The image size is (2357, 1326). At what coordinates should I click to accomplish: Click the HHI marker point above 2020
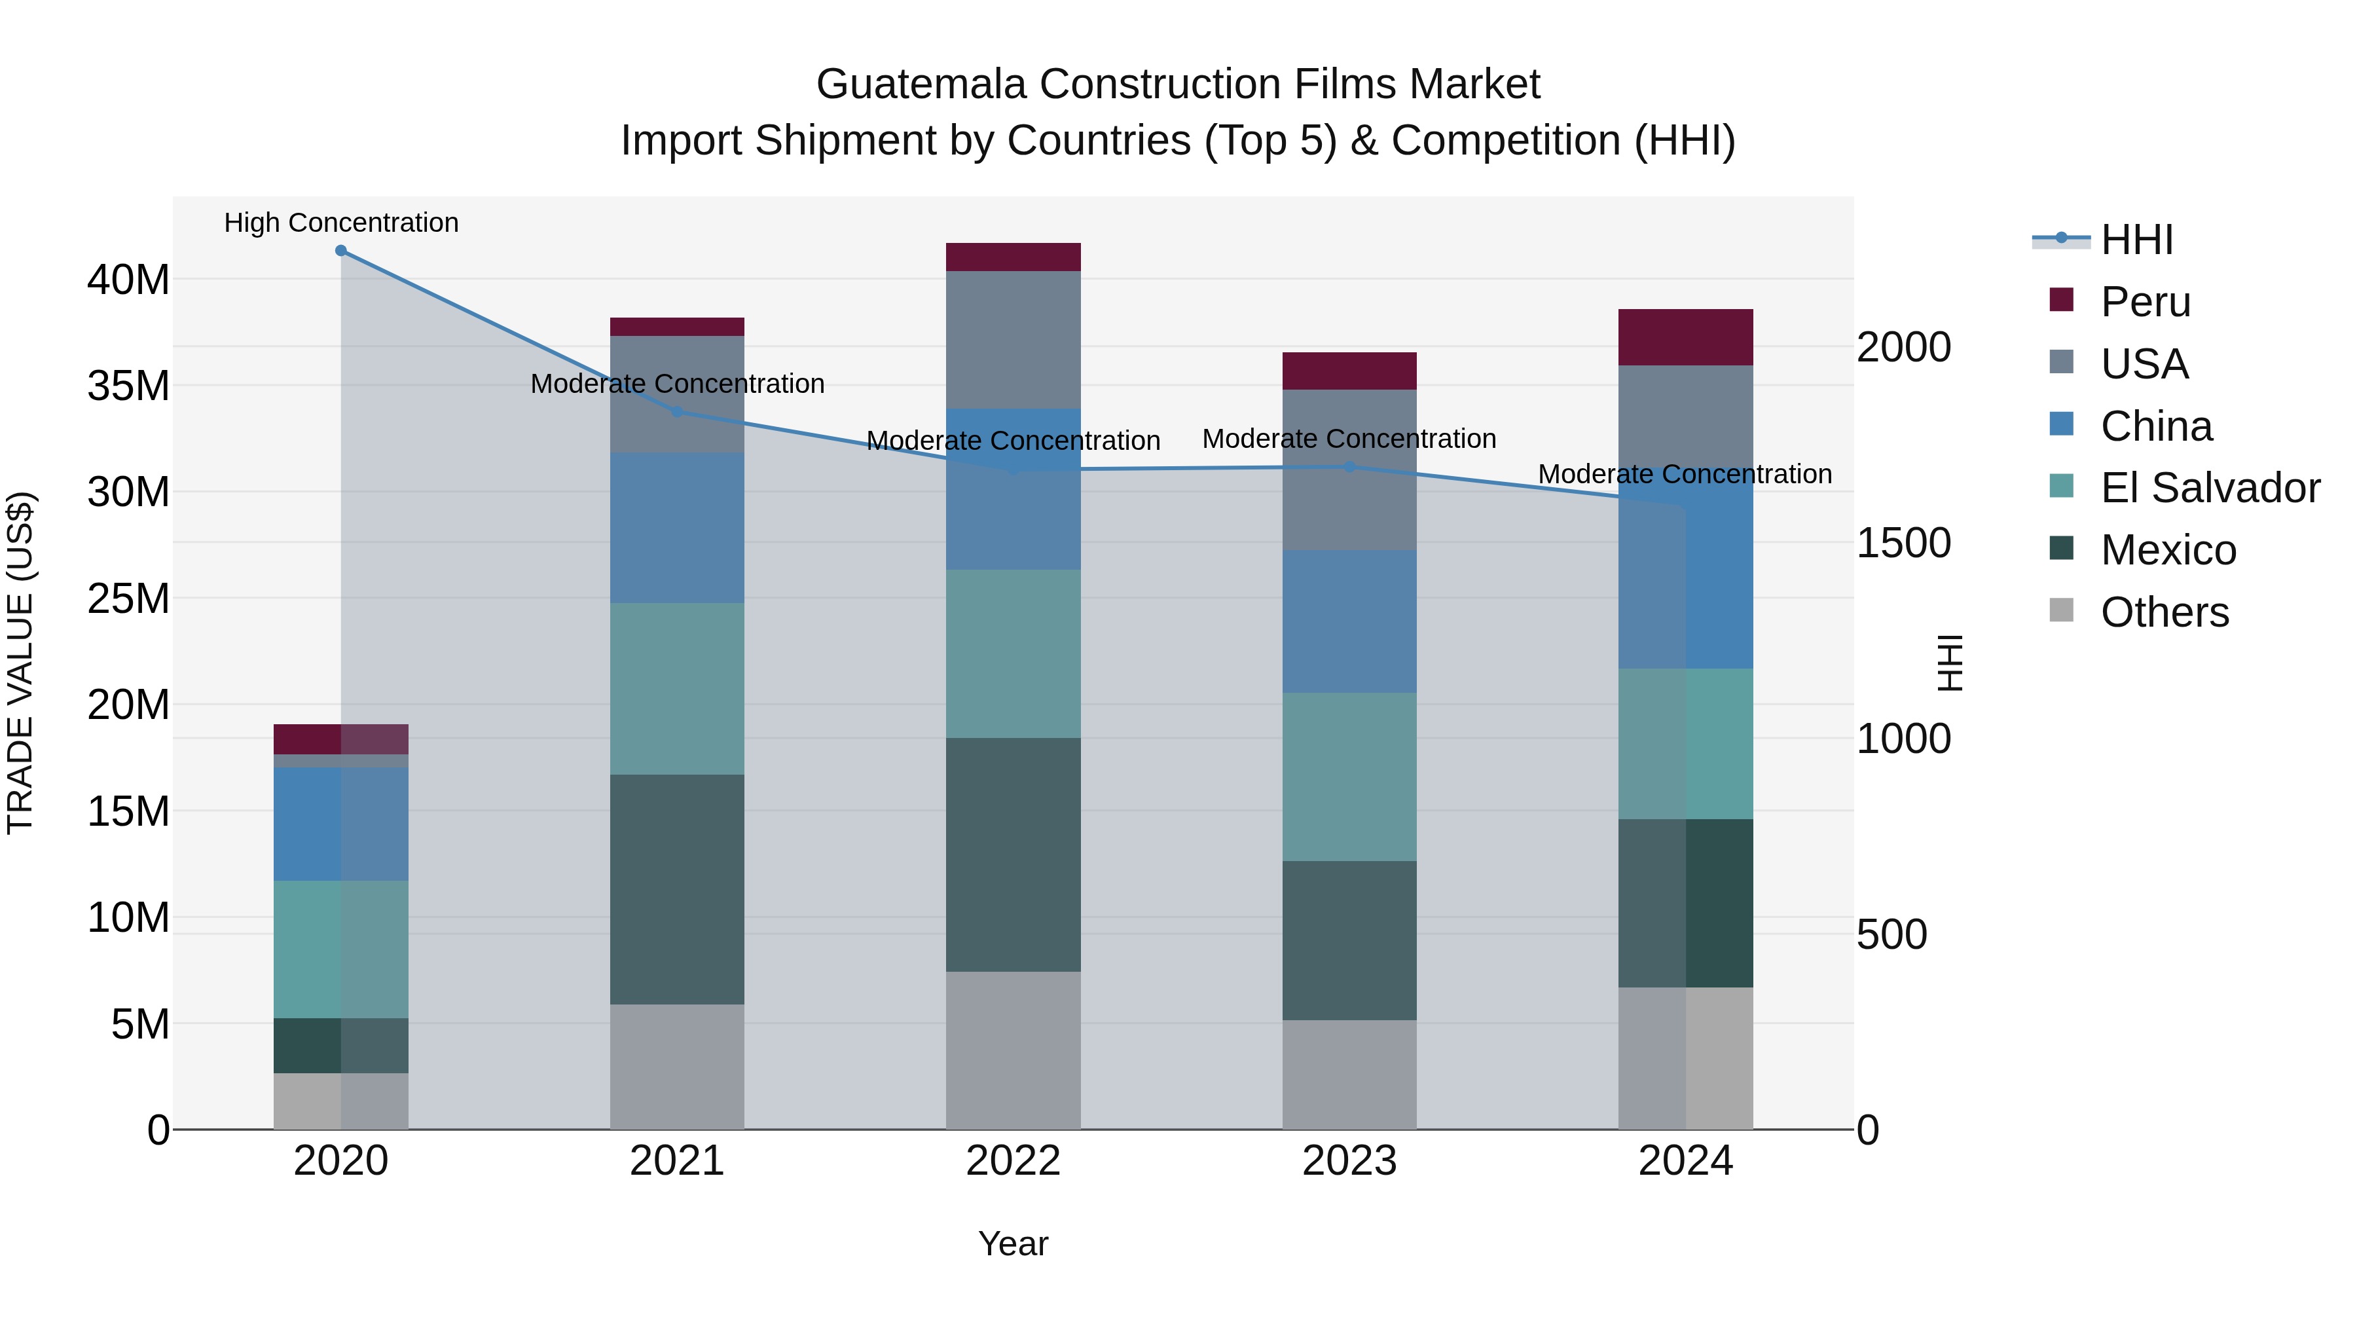pos(340,251)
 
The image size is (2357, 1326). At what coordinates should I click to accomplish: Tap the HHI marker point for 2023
pos(1349,467)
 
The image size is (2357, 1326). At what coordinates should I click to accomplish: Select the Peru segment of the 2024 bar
pos(1685,338)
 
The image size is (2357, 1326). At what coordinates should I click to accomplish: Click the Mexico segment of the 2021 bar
pos(677,889)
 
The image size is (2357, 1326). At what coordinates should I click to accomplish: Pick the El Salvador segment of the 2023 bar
pos(1349,777)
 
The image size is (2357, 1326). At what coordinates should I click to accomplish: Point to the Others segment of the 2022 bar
pos(1013,1050)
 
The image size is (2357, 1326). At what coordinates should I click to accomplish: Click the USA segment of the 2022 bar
pos(1013,339)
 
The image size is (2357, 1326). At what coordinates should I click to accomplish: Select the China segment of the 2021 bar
pos(677,528)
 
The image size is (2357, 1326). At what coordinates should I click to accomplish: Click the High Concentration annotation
pos(341,223)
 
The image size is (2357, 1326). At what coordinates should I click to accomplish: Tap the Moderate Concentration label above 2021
pos(677,384)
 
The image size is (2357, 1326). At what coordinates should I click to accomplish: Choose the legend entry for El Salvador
pos(2209,488)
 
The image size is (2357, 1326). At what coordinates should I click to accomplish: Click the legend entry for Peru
pos(2145,302)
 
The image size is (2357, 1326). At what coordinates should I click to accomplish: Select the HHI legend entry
pos(2136,240)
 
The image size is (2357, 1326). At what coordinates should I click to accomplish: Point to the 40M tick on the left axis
pos(128,279)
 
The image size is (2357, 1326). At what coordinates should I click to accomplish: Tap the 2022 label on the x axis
pos(1013,1161)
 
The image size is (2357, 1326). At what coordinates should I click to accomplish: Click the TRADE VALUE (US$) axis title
pos(20,663)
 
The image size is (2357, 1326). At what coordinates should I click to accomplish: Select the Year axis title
pos(1013,1243)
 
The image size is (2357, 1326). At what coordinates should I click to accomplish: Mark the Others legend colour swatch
pos(2062,610)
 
